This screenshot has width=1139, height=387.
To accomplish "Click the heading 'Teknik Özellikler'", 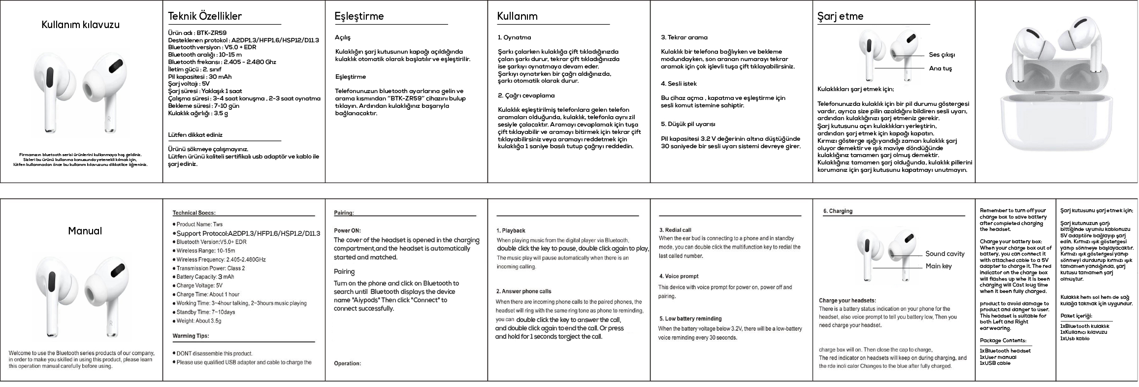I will point(205,16).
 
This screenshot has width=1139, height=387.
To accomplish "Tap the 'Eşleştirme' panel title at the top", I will point(359,16).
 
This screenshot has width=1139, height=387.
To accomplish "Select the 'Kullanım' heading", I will point(517,16).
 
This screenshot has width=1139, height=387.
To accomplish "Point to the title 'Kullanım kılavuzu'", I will point(80,25).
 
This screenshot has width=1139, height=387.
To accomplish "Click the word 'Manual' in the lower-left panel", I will point(85,231).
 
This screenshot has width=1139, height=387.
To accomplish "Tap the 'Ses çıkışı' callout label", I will point(942,55).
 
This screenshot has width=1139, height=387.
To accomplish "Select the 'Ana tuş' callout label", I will point(940,68).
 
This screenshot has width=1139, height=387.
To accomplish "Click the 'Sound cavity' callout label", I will point(945,254).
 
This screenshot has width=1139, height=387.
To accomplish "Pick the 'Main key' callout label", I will point(939,266).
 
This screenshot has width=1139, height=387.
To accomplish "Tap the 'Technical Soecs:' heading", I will point(194,213).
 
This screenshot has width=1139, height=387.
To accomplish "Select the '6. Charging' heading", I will point(838,211).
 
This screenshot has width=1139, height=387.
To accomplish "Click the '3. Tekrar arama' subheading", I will point(684,37).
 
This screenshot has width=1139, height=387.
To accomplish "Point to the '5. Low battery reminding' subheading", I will point(690,319).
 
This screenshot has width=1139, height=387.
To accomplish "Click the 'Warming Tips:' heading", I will point(191,336).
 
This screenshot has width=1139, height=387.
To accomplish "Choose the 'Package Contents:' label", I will point(1003,341).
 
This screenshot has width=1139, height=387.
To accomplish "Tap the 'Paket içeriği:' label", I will point(1076,316).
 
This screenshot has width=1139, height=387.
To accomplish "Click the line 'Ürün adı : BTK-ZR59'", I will point(197,33).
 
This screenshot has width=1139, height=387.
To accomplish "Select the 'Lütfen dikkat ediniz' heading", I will point(195,135).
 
